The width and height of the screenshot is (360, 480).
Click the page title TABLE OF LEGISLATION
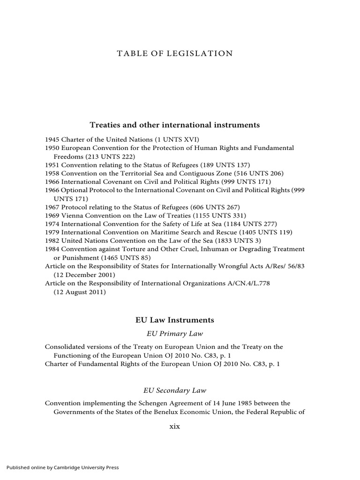[x=174, y=53]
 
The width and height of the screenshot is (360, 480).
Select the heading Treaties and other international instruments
[x=174, y=125]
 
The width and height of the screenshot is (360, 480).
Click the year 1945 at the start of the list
[x=52, y=140]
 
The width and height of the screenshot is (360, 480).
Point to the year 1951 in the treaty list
[x=52, y=165]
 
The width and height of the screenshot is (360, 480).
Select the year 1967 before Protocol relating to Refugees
[x=52, y=207]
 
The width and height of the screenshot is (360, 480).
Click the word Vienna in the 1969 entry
[x=71, y=216]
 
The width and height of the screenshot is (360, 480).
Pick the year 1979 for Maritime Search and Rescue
[x=52, y=232]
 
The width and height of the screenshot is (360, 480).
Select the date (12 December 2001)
[x=84, y=275]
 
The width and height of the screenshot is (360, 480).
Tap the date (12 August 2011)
[x=80, y=292]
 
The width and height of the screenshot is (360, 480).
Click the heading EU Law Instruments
[x=174, y=320]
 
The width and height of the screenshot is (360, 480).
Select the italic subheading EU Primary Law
[x=174, y=334]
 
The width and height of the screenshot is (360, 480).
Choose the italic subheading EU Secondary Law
[x=174, y=390]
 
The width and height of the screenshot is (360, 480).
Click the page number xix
[x=174, y=427]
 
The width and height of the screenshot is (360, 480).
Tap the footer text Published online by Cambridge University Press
[x=63, y=467]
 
